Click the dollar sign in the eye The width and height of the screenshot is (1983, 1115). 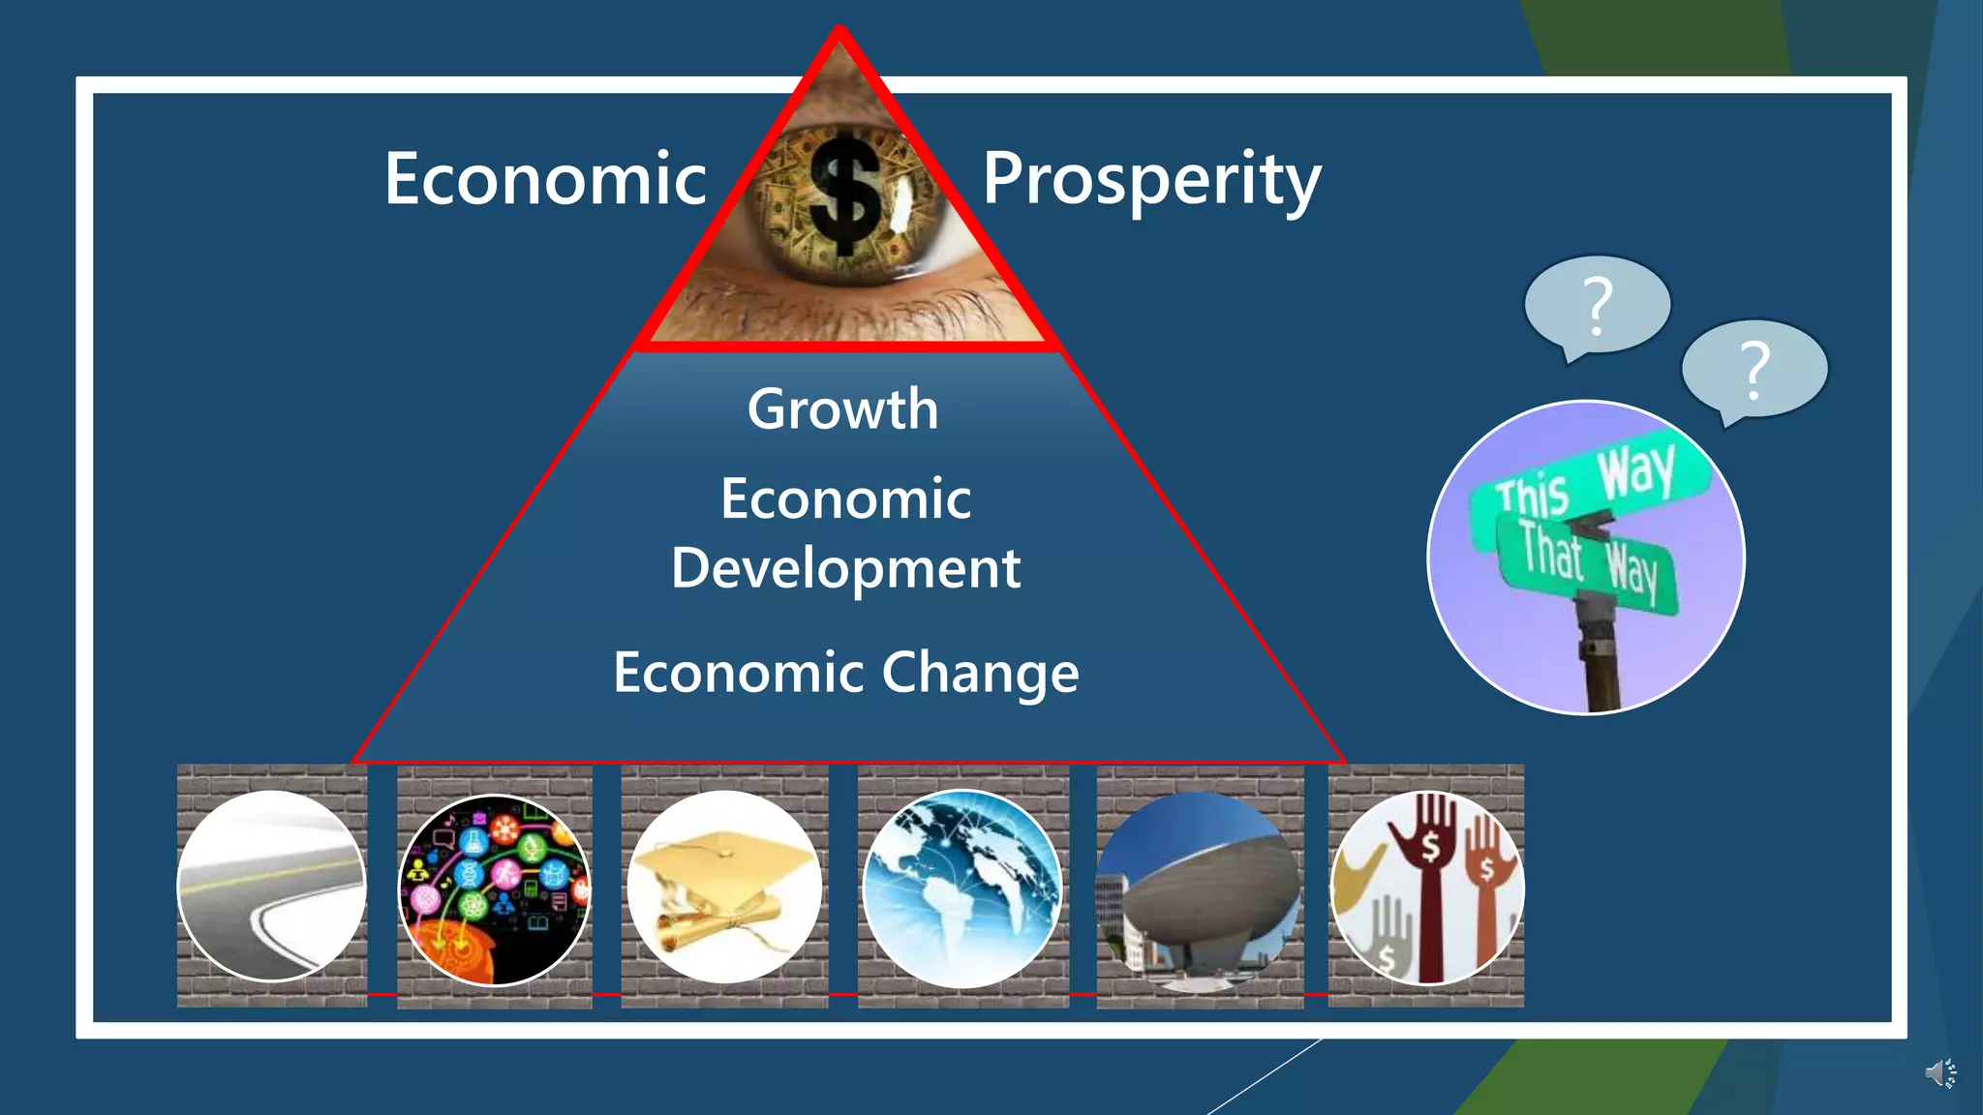845,195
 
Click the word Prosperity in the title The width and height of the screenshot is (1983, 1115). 1151,180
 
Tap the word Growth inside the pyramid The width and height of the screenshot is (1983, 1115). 842,409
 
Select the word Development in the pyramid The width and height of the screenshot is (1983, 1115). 845,568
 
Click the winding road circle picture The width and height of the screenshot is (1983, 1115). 272,887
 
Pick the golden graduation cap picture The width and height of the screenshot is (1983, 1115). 724,887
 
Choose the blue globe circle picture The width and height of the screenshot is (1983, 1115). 961,889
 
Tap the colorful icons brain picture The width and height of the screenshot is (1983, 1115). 495,889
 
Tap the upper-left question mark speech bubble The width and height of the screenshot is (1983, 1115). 1597,305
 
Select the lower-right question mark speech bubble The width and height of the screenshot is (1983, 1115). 1754,370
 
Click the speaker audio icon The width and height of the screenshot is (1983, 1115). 1940,1073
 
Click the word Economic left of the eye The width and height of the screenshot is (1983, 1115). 545,180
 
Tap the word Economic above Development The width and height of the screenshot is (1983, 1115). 845,499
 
